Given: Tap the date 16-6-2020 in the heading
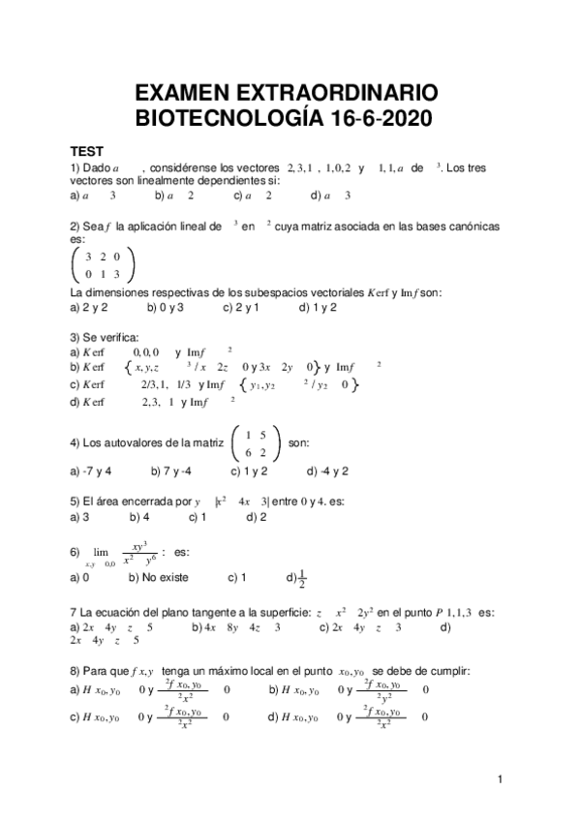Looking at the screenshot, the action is (373, 119).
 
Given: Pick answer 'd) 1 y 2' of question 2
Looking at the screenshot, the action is (319, 308).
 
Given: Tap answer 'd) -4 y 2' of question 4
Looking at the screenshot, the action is (327, 471).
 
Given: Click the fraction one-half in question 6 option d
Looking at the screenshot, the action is (300, 578).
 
